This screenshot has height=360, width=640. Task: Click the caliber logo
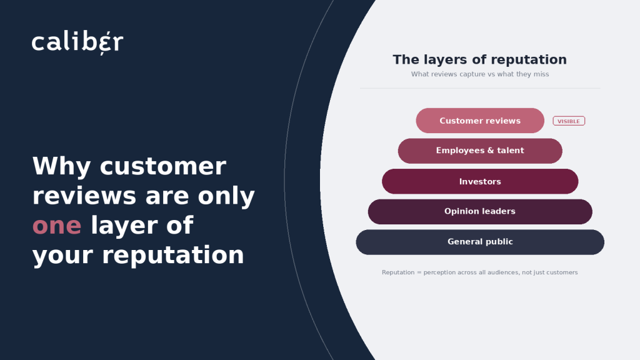tap(77, 42)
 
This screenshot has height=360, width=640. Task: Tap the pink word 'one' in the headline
tap(57, 225)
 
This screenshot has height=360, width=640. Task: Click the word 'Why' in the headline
tap(62, 166)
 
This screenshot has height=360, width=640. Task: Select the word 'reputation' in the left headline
tap(172, 256)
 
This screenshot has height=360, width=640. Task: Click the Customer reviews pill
tap(480, 121)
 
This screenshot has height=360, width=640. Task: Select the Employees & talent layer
tap(480, 151)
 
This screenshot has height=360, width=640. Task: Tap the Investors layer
tap(480, 181)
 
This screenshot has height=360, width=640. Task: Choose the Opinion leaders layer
tap(480, 211)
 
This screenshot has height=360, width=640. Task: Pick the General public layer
tap(480, 242)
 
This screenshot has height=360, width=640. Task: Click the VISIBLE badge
tap(569, 121)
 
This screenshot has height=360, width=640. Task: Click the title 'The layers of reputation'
tap(479, 59)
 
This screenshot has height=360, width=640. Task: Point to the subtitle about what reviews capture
tap(480, 74)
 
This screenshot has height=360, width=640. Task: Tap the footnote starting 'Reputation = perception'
tap(479, 272)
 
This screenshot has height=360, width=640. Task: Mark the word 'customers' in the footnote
tap(563, 272)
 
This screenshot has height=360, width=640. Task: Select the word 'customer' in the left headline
tap(163, 166)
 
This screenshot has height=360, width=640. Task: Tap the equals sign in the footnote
tap(419, 272)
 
